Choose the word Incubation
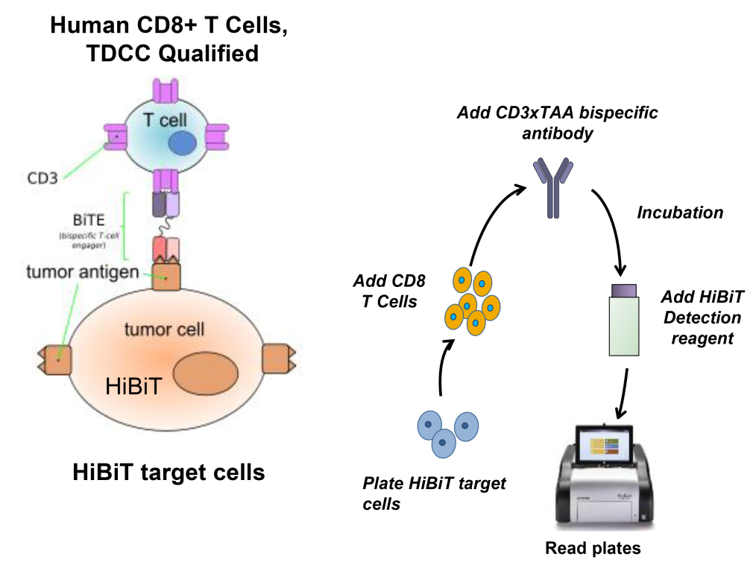click(679, 212)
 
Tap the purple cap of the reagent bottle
click(624, 289)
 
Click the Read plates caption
click(593, 549)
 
